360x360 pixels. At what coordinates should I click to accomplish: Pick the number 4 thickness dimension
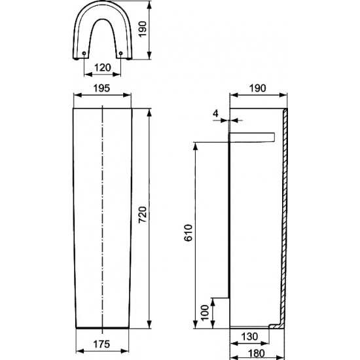[x=217, y=113]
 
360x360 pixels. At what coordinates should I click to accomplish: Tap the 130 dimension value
[x=251, y=336]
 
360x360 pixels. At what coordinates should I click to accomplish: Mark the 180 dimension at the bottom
[x=257, y=353]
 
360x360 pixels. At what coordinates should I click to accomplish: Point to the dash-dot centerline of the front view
[x=103, y=216]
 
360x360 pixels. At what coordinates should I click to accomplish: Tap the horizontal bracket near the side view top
[x=252, y=137]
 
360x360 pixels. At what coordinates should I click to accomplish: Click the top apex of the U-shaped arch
[x=103, y=5]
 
